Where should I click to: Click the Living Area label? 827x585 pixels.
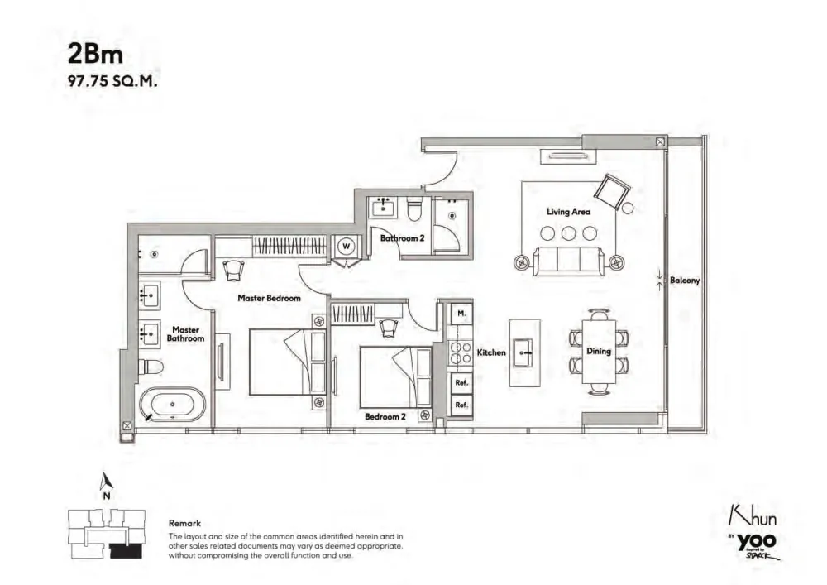568,212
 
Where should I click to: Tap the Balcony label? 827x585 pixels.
685,281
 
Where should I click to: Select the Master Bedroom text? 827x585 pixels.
269,298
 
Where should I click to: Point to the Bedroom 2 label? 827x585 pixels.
385,416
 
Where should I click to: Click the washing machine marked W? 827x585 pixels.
347,246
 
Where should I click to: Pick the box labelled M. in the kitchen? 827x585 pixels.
461,314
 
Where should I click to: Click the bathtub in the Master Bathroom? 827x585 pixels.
173,405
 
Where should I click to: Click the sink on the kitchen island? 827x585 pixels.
523,352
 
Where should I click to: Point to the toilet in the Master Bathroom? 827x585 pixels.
151,366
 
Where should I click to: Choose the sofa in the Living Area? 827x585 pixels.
569,261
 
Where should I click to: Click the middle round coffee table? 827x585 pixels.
569,233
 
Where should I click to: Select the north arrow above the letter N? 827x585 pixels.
107,481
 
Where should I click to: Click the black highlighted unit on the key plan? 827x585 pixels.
126,551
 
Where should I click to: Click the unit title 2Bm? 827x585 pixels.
95,54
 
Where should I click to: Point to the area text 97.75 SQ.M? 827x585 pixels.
112,82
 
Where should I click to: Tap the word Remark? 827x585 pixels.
184,523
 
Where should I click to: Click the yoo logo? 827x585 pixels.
756,542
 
